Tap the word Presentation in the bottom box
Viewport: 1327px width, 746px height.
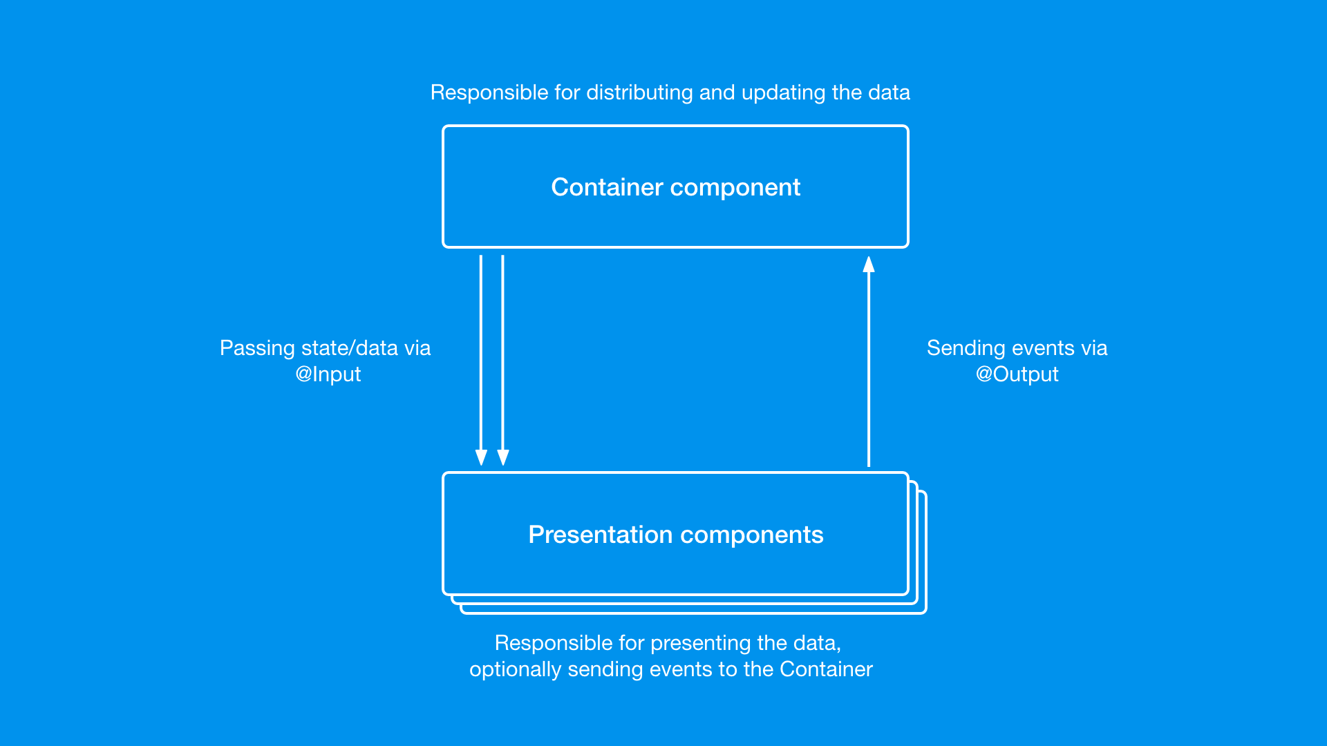coord(600,535)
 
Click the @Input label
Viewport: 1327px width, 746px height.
coord(328,374)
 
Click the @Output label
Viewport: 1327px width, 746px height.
coord(1017,374)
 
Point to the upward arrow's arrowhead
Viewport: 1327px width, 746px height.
coord(869,265)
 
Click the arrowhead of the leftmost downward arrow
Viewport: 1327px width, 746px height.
coord(481,457)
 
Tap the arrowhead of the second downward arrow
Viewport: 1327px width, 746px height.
coord(503,457)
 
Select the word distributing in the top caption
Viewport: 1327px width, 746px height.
coord(639,93)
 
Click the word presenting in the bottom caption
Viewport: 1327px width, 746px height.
coord(700,644)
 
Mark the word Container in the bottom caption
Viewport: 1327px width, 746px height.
coord(826,669)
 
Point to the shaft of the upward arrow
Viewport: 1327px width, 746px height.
coord(869,366)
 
